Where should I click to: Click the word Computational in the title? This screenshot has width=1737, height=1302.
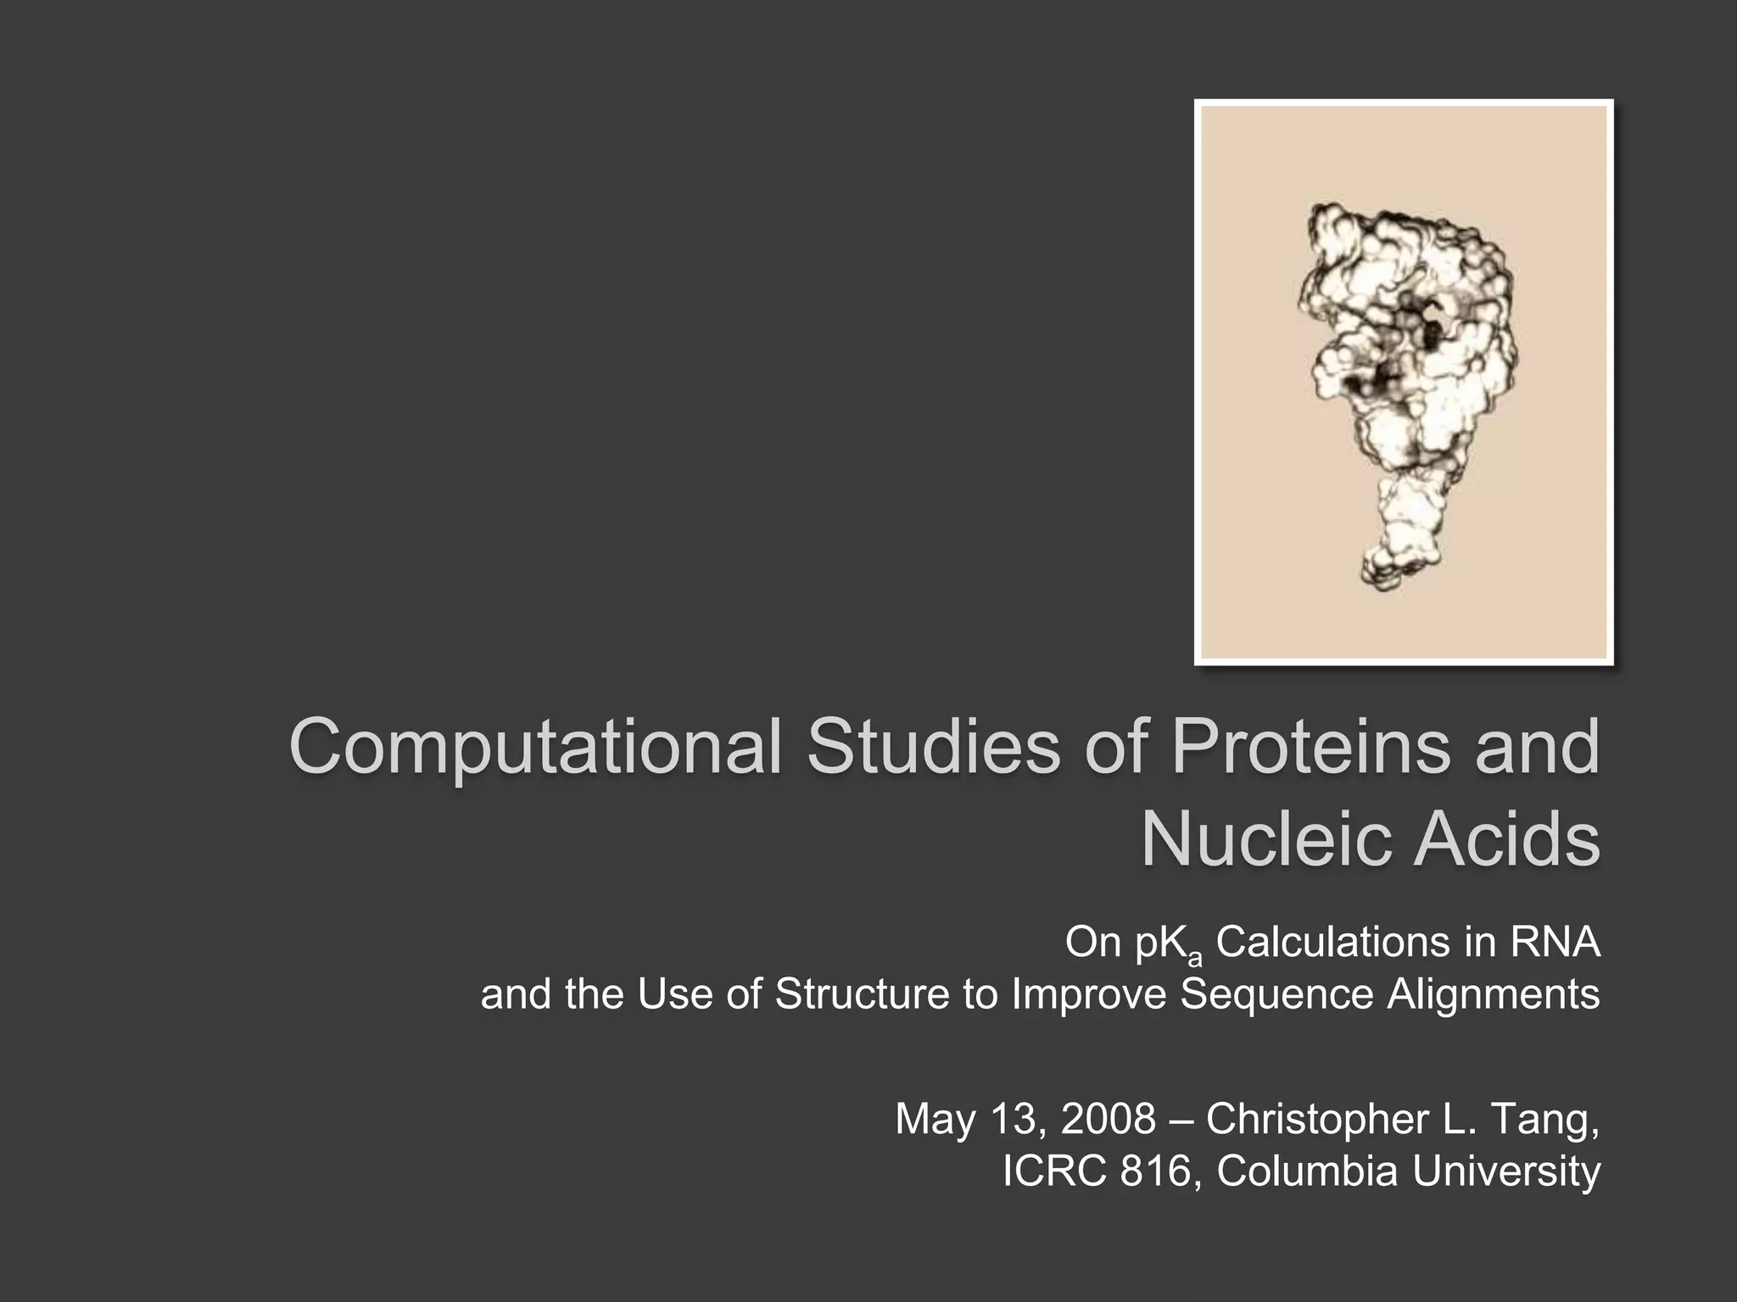pyautogui.click(x=534, y=748)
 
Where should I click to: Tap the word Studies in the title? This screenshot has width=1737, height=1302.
pyautogui.click(x=932, y=748)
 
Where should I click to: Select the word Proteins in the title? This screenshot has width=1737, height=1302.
pyautogui.click(x=1311, y=748)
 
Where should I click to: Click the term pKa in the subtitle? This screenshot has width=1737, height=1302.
pyautogui.click(x=1170, y=944)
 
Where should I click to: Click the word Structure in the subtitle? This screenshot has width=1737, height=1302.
pyautogui.click(x=862, y=994)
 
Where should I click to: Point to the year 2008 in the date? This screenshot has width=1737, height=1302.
pyautogui.click(x=1108, y=1119)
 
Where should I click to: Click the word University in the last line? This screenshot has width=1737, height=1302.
pyautogui.click(x=1506, y=1171)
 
